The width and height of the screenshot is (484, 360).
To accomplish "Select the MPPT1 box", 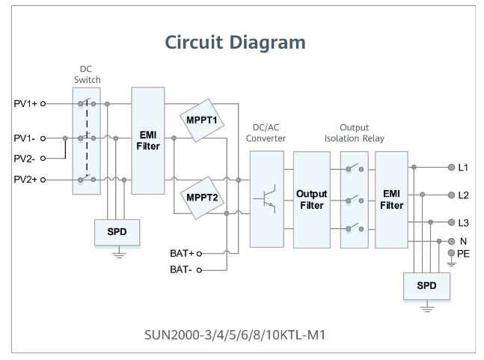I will pos(198,119).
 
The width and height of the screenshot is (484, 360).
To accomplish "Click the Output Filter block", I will pos(312,199).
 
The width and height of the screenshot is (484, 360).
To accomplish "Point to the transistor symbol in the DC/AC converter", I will pos(266,200).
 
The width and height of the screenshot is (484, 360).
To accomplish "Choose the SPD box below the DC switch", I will pos(116,232).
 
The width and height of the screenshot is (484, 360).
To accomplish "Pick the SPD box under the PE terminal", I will pos(427,287).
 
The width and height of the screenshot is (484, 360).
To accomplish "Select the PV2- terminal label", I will pos(25,159).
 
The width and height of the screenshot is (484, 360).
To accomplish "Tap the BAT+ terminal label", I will pos(182,253).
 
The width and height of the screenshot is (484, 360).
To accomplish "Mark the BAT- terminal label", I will pos(182,269).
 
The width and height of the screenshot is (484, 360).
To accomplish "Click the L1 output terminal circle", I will pos(450,168).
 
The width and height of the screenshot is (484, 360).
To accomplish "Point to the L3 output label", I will pos(463,223).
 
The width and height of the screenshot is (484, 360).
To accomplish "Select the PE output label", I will pos(463,254).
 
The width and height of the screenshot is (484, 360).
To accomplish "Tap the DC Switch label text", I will pos(87,75).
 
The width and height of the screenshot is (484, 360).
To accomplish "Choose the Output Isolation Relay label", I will pos(354,132).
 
